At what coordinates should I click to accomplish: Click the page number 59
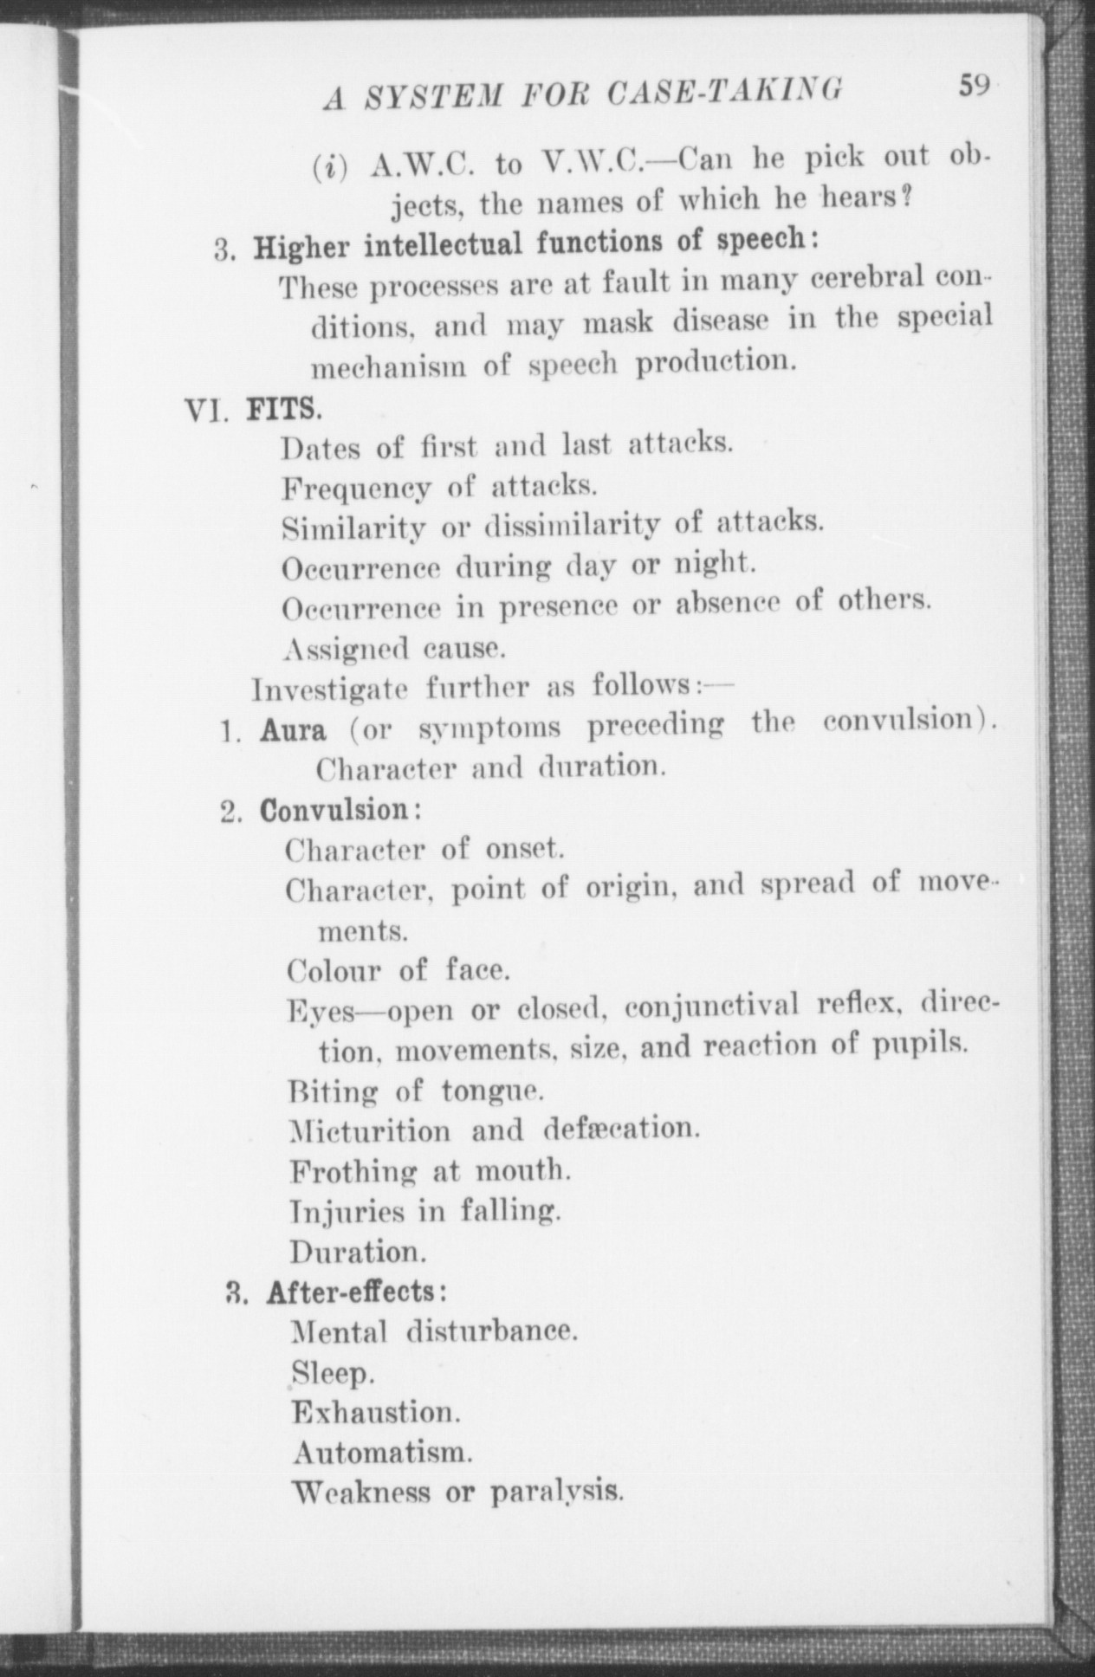click(974, 87)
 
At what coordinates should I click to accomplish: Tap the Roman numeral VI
click(206, 407)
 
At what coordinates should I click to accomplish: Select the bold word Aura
click(294, 730)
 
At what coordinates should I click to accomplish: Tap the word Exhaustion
click(374, 1412)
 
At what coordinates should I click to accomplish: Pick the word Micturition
click(370, 1131)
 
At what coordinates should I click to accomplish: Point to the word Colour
click(334, 970)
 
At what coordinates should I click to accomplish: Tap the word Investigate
click(330, 690)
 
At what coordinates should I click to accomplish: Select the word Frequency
click(356, 489)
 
